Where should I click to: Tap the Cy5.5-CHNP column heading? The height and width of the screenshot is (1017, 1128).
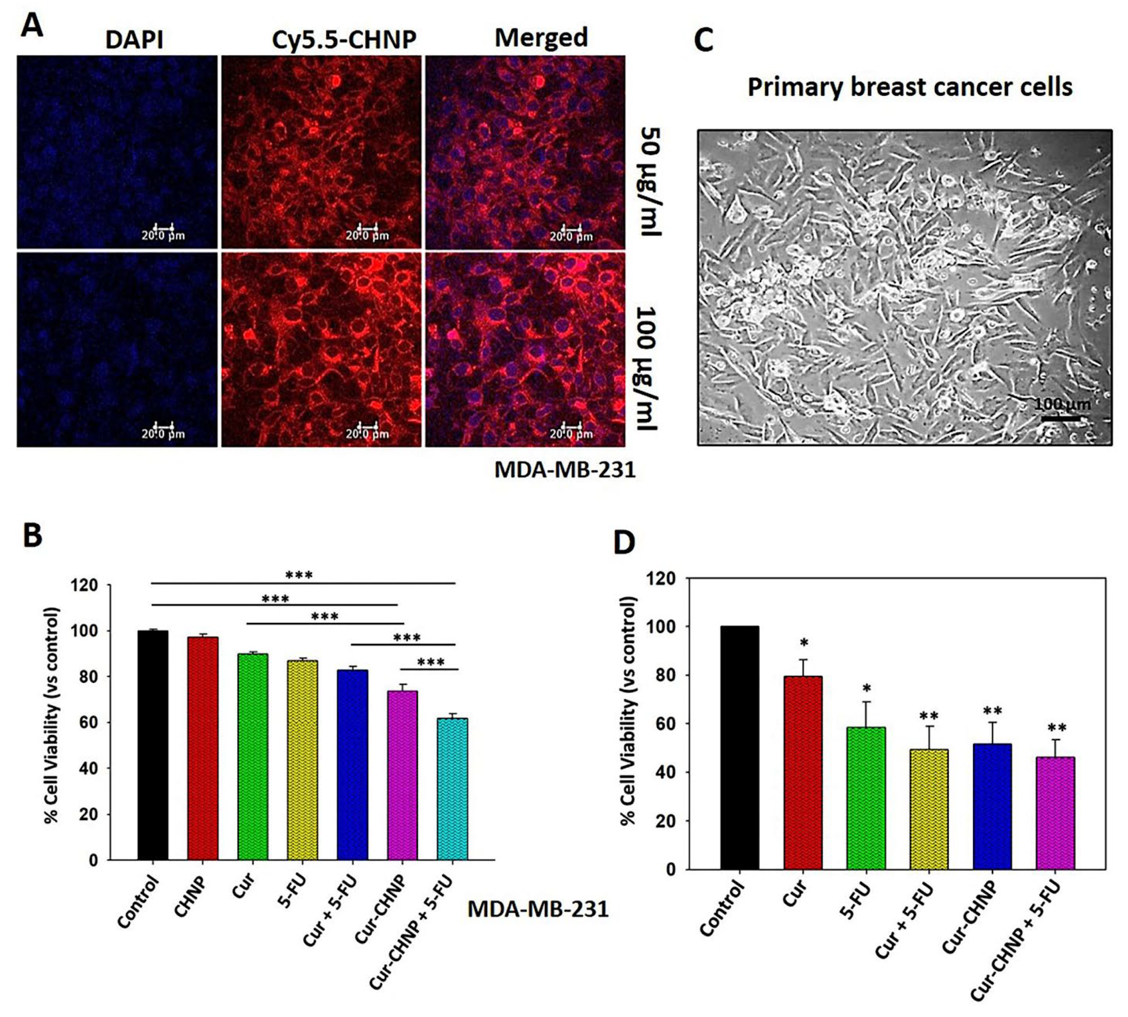pyautogui.click(x=344, y=40)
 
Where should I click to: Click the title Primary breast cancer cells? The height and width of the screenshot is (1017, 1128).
pyautogui.click(x=910, y=87)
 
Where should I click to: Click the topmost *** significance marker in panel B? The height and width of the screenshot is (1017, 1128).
pyautogui.click(x=299, y=575)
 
